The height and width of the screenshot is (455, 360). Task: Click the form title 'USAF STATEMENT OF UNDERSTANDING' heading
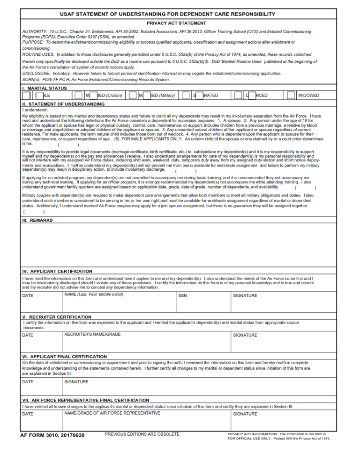tap(180, 14)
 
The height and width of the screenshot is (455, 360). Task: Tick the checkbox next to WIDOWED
tap(291, 96)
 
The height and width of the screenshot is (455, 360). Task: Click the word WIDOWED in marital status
tap(308, 96)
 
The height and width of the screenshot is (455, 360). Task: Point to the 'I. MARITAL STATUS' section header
tap(45, 88)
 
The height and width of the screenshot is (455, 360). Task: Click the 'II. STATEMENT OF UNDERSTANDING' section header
tap(63, 104)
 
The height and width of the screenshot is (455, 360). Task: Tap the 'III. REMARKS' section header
tap(37, 220)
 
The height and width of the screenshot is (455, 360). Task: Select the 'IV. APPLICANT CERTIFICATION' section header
tap(57, 271)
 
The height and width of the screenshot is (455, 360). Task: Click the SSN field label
tap(183, 296)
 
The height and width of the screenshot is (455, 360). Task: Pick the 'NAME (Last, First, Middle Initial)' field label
tap(93, 295)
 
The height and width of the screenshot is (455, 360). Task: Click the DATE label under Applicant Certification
tap(28, 296)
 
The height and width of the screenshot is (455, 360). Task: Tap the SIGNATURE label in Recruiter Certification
tap(245, 335)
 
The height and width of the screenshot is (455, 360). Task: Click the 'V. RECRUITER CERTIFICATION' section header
tap(57, 317)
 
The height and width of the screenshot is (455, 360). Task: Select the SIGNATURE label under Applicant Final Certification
tap(76, 382)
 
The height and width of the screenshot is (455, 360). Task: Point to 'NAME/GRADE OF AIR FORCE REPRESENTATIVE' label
tap(112, 413)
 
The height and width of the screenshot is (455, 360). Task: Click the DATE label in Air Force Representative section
tap(28, 414)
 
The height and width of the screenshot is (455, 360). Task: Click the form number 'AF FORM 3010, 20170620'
tap(52, 435)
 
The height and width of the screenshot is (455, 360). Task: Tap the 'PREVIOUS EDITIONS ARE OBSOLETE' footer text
tap(142, 434)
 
